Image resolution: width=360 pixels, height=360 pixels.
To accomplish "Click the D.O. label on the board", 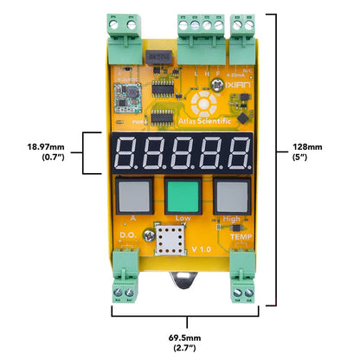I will (x=125, y=234).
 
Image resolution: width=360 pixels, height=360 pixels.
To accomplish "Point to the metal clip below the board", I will (x=183, y=280).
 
